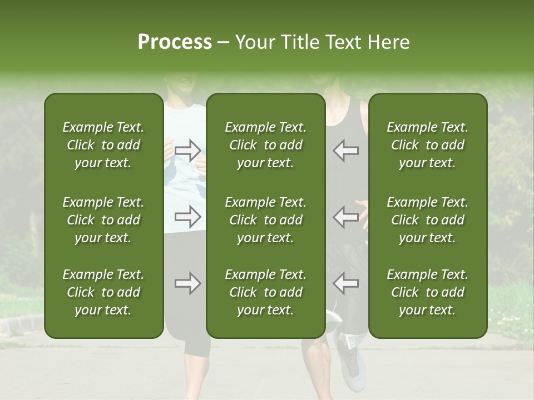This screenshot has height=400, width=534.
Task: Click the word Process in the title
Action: pos(175,42)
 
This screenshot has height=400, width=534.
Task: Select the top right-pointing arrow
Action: pos(187,150)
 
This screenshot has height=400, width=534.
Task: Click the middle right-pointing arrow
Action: pos(187,217)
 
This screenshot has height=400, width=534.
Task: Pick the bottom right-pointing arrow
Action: pos(187,284)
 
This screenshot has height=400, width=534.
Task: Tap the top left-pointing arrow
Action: pos(346,150)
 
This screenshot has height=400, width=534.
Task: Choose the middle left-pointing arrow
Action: pos(346,217)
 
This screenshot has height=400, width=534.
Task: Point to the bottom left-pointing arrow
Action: pos(346,284)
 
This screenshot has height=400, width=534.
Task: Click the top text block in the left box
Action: pos(103,145)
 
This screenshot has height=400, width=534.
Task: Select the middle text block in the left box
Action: pos(103,220)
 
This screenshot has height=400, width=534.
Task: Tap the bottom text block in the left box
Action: pos(103,292)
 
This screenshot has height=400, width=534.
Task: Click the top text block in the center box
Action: pos(265,145)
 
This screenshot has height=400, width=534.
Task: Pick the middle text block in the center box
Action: pos(265,220)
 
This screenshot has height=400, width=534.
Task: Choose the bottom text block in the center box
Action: pos(265,292)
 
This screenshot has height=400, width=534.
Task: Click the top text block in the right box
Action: pos(427,145)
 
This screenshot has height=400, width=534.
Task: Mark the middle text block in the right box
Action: pos(427,220)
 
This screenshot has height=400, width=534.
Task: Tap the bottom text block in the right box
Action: pos(427,292)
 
